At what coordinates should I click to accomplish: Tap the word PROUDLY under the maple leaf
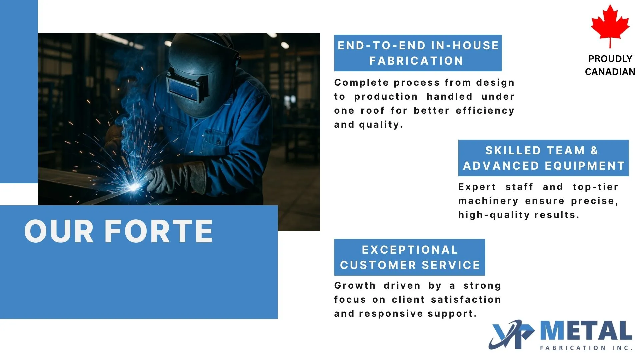click(x=610, y=59)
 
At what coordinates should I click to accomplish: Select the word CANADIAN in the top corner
click(x=610, y=72)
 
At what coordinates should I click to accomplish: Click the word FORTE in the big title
click(x=159, y=231)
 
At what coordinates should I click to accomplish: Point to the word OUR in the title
click(x=59, y=231)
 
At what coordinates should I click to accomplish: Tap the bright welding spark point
click(x=134, y=187)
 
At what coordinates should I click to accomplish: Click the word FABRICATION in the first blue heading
click(x=416, y=61)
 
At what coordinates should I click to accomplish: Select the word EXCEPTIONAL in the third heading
click(x=410, y=250)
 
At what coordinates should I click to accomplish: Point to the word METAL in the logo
click(x=586, y=331)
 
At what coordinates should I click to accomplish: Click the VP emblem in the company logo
click(x=512, y=335)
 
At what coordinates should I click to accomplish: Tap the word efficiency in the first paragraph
click(x=485, y=111)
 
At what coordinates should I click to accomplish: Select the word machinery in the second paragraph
click(x=488, y=201)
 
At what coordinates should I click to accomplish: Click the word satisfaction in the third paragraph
click(x=466, y=300)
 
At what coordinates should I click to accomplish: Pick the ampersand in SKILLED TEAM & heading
click(x=594, y=151)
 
